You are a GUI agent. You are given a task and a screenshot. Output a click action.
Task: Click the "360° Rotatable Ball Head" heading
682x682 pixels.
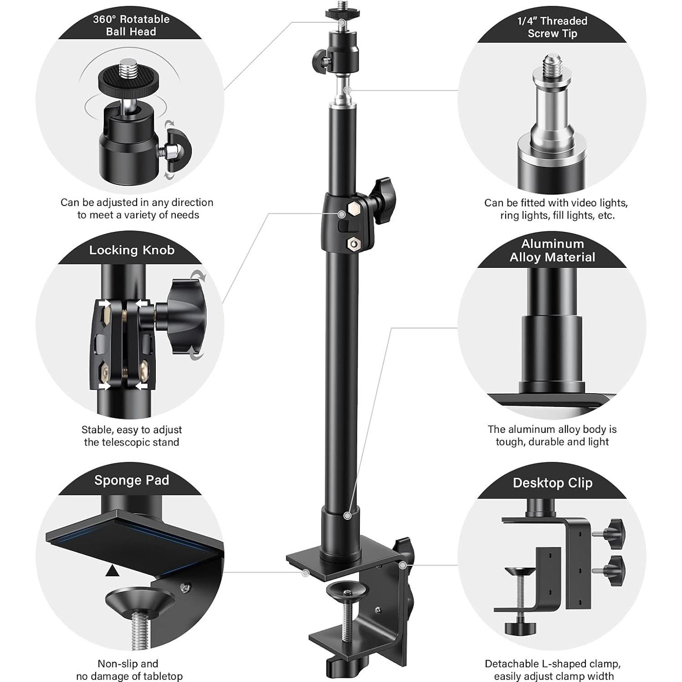click(x=131, y=26)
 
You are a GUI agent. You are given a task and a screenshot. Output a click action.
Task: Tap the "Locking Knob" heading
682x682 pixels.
click(x=132, y=250)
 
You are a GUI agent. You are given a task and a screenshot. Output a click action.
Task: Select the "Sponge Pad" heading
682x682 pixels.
click(x=132, y=480)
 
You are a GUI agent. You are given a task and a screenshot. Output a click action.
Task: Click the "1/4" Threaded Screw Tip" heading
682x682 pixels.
click(x=552, y=27)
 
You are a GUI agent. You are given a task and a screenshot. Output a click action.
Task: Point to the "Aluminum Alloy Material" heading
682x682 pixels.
click(x=552, y=250)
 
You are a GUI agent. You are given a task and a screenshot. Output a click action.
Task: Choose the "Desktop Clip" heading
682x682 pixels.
click(x=552, y=483)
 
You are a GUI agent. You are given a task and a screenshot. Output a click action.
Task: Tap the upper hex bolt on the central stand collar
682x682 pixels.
click(x=354, y=209)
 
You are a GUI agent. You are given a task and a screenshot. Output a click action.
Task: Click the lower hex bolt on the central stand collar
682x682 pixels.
click(x=353, y=244)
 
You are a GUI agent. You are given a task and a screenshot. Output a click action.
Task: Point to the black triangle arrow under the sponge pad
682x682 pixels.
click(x=113, y=571)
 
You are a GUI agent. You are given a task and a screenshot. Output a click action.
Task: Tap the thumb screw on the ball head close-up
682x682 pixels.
click(x=178, y=150)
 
